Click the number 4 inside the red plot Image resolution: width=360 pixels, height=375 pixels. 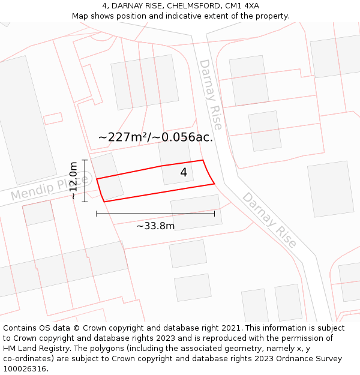[x=184, y=173]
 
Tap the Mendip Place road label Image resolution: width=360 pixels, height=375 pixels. [x=49, y=188]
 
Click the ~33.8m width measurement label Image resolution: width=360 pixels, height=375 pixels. [x=155, y=226]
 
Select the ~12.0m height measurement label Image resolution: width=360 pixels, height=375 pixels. [x=73, y=181]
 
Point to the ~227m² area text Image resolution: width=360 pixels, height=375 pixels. [x=124, y=137]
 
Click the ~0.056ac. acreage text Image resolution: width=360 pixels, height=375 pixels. [x=182, y=137]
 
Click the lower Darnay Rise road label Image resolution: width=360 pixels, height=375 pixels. [x=269, y=220]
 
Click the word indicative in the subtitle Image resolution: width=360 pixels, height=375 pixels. [x=192, y=16]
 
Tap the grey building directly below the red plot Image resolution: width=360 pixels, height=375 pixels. [x=196, y=212]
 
